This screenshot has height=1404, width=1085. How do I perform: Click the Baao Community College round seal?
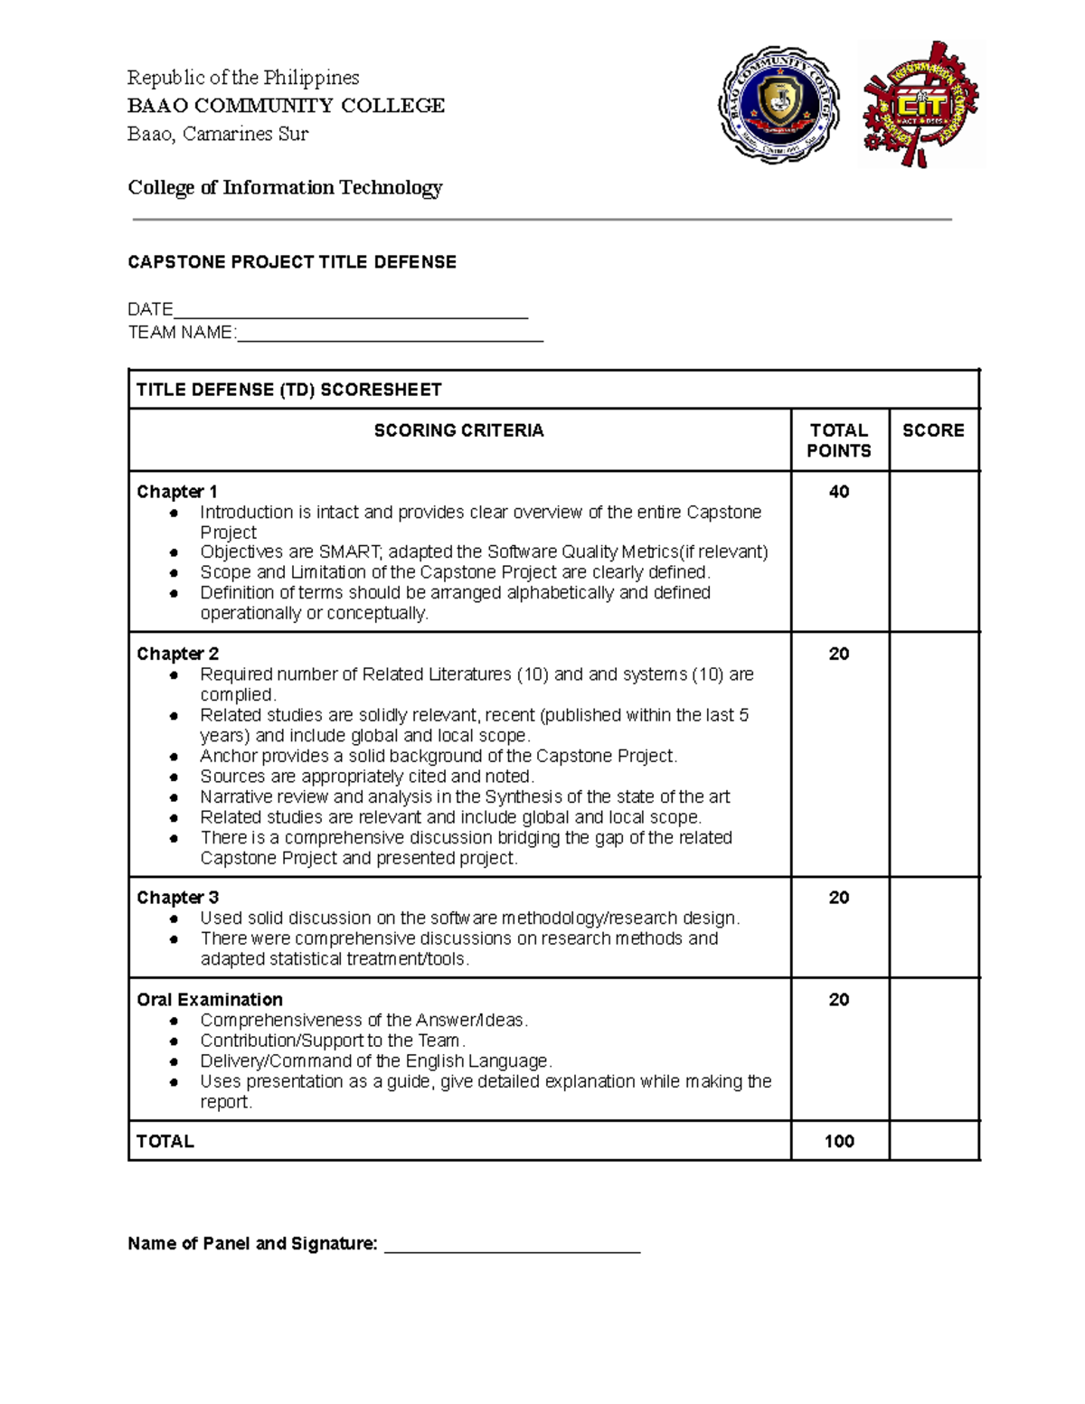coord(779,105)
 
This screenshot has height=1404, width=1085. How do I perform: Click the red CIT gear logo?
coord(920,105)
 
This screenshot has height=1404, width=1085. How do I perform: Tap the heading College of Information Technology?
coord(285,187)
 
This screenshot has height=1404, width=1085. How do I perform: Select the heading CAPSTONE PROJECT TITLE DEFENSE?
coord(292,262)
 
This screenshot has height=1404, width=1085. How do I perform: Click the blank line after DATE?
coord(351,313)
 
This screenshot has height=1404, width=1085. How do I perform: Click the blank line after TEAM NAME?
coord(390,336)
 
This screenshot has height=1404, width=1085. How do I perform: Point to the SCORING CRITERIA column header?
coord(459,430)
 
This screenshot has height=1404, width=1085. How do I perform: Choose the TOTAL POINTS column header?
coord(839,440)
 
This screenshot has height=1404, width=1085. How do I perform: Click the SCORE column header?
coord(933,430)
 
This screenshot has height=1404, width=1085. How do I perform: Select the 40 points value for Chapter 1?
coord(839,492)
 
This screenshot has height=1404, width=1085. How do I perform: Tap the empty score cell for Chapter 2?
coord(934,754)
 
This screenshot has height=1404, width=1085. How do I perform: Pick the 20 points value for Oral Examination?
coord(839,999)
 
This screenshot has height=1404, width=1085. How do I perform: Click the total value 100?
coord(839,1141)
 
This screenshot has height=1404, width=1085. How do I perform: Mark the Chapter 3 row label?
coord(178,898)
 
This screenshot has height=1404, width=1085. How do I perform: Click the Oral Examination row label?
coord(210,999)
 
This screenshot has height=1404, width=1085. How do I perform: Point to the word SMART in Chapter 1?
coord(348,552)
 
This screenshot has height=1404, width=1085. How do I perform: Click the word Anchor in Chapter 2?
coord(229,756)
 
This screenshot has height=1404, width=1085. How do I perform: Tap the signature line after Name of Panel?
coord(513,1248)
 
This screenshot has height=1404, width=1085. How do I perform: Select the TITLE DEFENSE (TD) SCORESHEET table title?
coord(289,390)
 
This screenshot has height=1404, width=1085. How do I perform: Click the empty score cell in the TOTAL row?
coord(934,1141)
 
